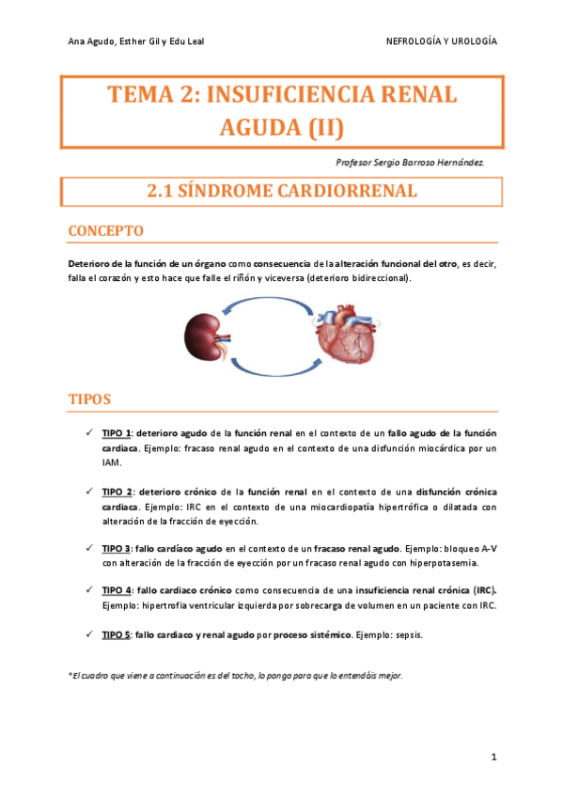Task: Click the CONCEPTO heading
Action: (106, 230)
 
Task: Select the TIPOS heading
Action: (91, 399)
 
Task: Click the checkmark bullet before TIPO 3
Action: (87, 548)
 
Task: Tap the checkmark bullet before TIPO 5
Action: (87, 634)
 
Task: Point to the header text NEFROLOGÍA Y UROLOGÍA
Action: (442, 41)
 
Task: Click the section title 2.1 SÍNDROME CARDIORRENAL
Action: (281, 192)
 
